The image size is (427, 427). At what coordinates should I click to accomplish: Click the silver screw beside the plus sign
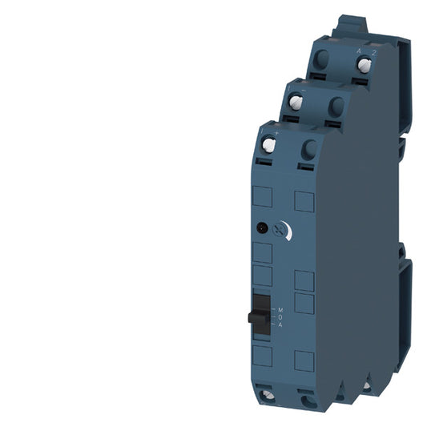click(268, 146)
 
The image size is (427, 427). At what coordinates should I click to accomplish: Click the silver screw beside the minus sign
click(295, 102)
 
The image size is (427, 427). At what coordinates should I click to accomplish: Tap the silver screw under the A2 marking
click(364, 66)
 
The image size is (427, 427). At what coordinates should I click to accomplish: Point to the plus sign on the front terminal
click(275, 130)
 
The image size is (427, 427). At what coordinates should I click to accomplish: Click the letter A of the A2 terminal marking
click(358, 50)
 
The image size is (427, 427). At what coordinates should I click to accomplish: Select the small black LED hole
click(261, 228)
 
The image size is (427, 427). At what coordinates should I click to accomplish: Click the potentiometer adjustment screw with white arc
click(280, 230)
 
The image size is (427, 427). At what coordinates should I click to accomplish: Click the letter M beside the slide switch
click(280, 308)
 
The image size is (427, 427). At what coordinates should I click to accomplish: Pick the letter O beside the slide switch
click(280, 315)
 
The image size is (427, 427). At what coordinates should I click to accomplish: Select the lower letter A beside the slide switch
click(280, 323)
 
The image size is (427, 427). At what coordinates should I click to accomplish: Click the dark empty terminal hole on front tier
click(308, 148)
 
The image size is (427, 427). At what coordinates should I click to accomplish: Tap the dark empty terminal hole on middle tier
click(336, 105)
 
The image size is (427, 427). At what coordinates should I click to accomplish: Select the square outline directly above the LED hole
click(262, 199)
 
